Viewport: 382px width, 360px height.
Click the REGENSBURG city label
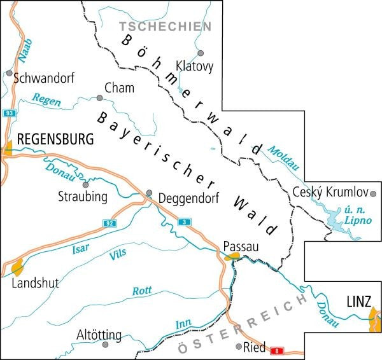[x=56, y=139]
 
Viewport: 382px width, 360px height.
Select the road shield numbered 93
[x=8, y=113]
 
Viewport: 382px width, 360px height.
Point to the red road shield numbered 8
[x=276, y=350]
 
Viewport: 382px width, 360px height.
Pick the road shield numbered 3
[x=185, y=221]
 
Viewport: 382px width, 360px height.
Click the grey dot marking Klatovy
[x=200, y=54]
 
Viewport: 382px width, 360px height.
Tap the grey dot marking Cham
[x=99, y=98]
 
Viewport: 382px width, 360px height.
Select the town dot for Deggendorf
[x=149, y=192]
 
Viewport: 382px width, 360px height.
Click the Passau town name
[x=241, y=246]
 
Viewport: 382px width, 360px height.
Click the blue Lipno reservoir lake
[x=337, y=223]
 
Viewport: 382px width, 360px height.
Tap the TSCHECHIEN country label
[x=166, y=26]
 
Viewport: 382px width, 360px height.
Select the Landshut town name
[x=35, y=283]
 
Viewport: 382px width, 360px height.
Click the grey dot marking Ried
[x=239, y=347]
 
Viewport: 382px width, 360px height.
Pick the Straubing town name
[x=82, y=197]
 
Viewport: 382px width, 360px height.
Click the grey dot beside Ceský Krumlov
[x=374, y=193]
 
